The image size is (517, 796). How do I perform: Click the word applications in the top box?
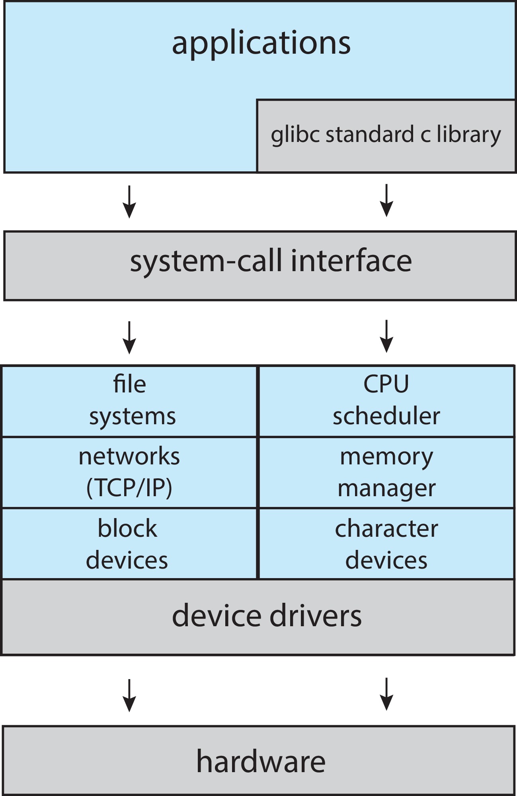261,43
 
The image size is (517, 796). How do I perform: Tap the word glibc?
295,135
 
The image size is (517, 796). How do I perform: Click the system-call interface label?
271,261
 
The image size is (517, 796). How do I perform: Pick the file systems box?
130,401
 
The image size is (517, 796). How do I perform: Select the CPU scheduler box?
386,401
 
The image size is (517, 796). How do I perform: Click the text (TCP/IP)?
129,487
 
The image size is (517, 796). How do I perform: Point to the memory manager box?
386,472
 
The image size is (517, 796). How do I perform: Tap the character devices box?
386,544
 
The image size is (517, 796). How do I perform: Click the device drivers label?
267,615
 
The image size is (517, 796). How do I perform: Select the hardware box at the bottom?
261,761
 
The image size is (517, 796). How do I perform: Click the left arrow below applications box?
129,202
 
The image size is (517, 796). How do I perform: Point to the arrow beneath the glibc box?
386,200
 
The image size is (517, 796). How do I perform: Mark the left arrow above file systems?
129,338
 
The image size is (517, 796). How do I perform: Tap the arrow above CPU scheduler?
386,336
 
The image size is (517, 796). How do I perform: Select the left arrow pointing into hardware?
129,695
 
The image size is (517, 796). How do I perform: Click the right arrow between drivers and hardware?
386,694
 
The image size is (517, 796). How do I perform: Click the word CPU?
386,384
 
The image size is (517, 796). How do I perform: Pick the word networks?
129,456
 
